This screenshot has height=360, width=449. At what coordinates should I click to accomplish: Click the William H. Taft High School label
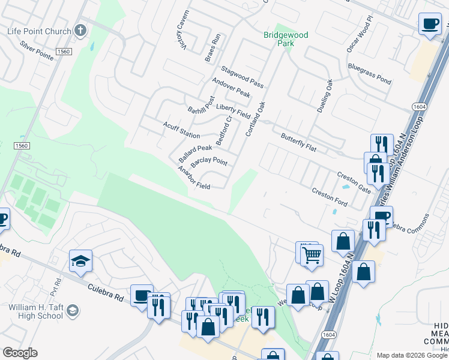pos(35,311)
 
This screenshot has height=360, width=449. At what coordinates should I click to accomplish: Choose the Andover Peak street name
pos(231,88)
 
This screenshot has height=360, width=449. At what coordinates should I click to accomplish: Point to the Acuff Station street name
pos(181,130)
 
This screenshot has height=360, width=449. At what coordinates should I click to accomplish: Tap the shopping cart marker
pos(312,255)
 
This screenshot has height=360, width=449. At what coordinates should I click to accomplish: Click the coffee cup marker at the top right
pos(429,24)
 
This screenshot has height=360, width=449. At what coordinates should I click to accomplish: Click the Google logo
pos(20,353)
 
